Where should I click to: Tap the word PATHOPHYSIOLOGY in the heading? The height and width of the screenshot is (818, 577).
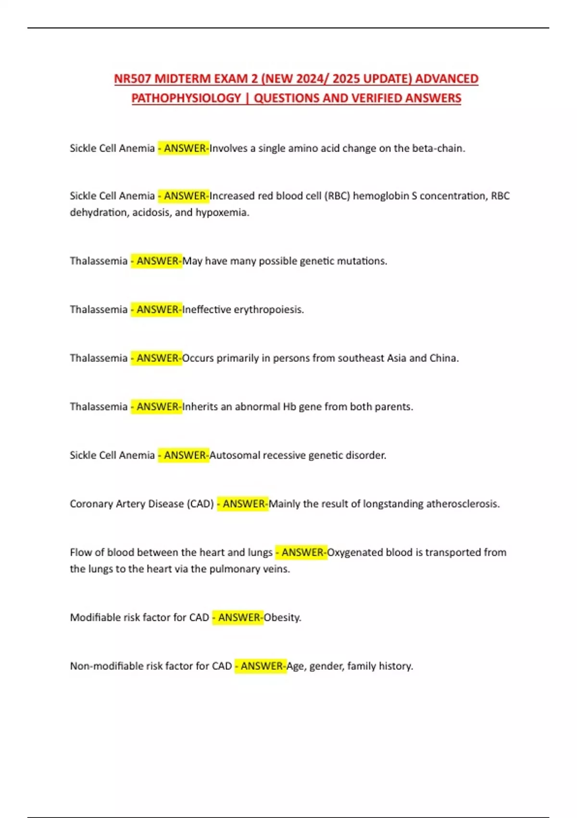pyautogui.click(x=186, y=98)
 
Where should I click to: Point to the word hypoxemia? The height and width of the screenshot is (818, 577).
pyautogui.click(x=222, y=212)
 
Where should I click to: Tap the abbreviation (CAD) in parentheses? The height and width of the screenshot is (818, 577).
pyautogui.click(x=200, y=504)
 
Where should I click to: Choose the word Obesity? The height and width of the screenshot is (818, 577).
pyautogui.click(x=282, y=617)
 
